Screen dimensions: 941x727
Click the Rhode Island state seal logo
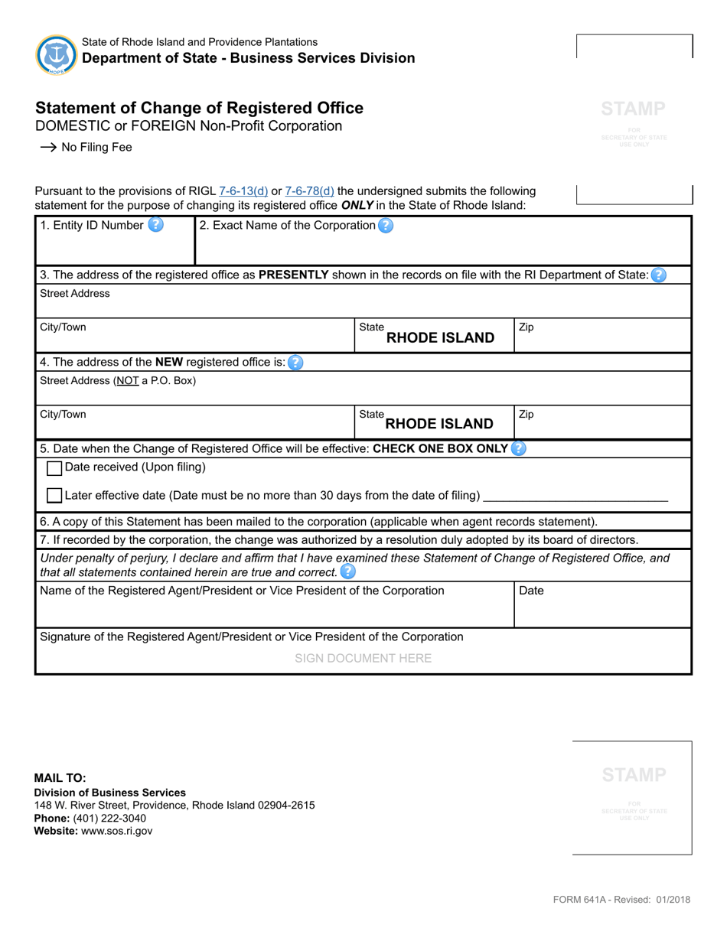(56, 54)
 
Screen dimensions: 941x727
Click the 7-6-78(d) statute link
(309, 191)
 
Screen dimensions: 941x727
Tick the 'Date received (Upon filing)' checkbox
(54, 467)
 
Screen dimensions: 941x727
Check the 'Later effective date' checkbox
(54, 496)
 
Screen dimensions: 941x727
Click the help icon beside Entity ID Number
(155, 225)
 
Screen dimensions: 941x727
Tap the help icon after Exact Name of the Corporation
(386, 226)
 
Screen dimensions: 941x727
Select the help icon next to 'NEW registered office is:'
(295, 363)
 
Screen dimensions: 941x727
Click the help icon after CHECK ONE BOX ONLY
(518, 448)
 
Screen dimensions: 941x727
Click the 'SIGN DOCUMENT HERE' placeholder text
(363, 658)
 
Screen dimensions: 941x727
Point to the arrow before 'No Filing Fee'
(47, 148)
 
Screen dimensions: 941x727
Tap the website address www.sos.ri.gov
(116, 831)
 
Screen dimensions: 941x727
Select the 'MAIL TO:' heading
(60, 778)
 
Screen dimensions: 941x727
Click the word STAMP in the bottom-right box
(634, 775)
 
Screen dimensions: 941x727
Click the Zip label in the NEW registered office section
(527, 415)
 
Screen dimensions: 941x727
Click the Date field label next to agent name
(531, 591)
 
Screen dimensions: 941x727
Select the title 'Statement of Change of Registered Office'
(199, 108)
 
